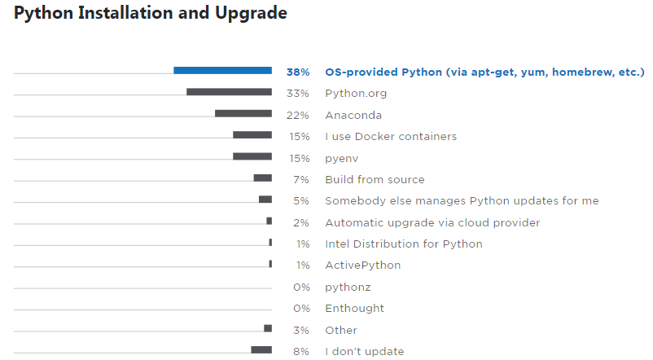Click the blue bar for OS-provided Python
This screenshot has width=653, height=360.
222,71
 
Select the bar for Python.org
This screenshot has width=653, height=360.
229,92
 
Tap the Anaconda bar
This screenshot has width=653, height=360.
243,113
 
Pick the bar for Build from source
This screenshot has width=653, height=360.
262,178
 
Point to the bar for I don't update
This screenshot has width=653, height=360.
261,349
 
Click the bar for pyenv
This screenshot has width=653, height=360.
252,156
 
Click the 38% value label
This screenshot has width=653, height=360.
298,72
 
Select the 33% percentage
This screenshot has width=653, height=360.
298,94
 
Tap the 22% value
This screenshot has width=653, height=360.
298,115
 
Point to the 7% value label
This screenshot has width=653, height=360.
301,179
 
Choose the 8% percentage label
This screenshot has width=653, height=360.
301,351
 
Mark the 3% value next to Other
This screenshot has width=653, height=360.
301,330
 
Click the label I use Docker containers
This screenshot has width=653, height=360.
390,136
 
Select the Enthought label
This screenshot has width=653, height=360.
354,309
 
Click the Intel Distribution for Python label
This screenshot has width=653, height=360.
403,244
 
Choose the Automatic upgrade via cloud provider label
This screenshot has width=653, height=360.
432,222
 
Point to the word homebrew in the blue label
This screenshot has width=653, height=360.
581,72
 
